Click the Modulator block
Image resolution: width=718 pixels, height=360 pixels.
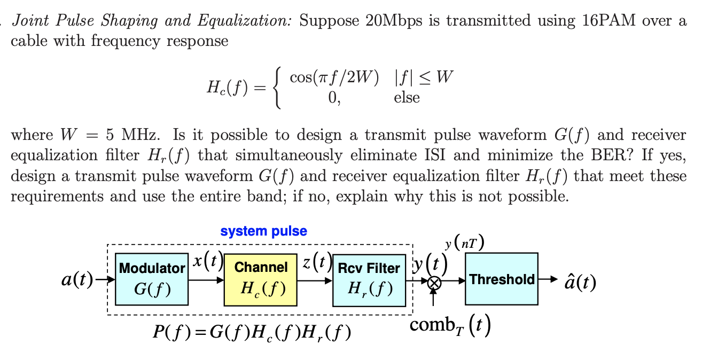point(152,279)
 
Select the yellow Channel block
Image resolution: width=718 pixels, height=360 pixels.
point(261,279)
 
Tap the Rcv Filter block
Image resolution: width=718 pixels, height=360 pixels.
point(369,279)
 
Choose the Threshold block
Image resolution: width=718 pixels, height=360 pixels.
point(502,279)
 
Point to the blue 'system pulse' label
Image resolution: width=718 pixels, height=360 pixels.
point(263,231)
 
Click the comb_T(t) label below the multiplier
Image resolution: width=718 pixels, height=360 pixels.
point(450,325)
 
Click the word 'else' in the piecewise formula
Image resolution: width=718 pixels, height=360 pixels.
point(407,98)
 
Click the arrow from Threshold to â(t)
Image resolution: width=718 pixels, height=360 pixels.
point(548,279)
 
